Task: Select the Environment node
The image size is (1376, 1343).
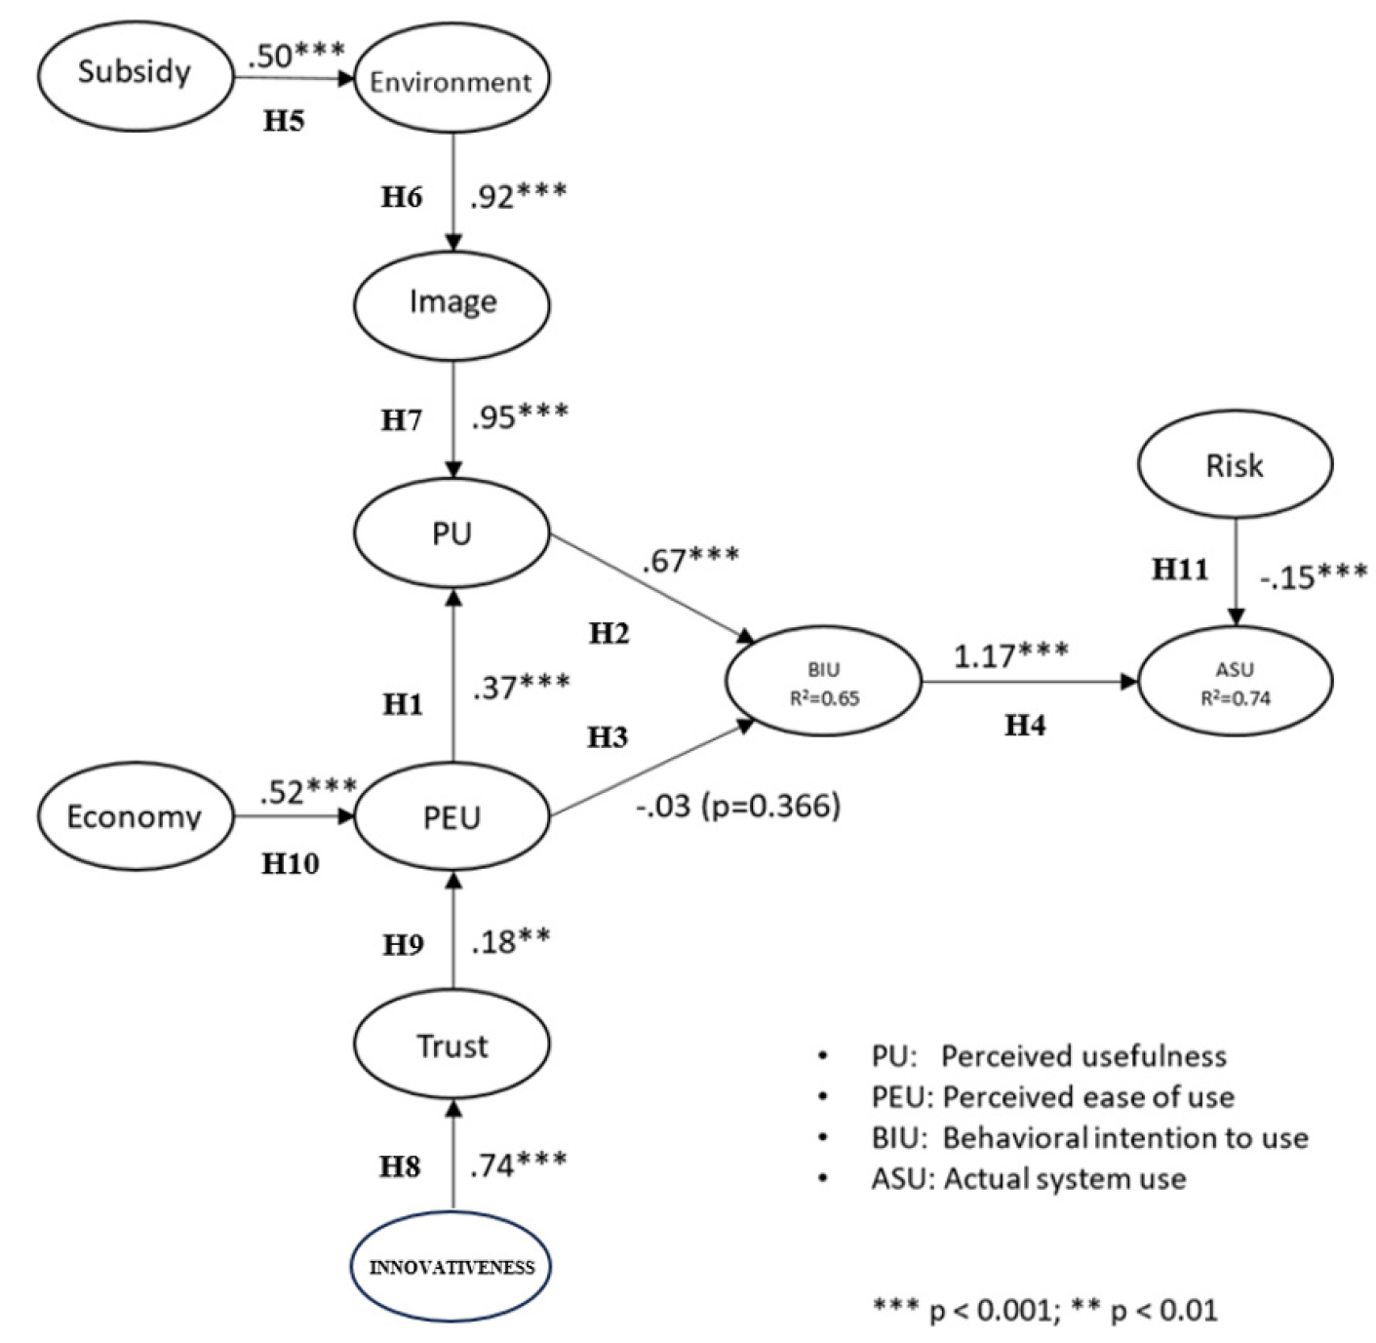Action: (x=452, y=78)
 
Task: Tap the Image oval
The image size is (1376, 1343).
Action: (x=452, y=305)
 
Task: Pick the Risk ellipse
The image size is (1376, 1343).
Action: (x=1235, y=464)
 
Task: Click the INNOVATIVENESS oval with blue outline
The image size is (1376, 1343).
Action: (x=452, y=1267)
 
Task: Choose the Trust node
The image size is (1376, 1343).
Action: (x=452, y=1045)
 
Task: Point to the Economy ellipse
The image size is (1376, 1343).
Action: (x=135, y=816)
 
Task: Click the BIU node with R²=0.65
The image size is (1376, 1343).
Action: (x=824, y=682)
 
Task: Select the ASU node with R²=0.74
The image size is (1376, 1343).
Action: (x=1236, y=682)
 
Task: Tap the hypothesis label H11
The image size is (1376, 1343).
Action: (x=1180, y=570)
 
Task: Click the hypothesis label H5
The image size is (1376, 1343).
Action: (x=284, y=121)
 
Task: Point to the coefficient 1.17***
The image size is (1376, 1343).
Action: (x=1011, y=654)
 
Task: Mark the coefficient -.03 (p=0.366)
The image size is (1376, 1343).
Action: (x=738, y=806)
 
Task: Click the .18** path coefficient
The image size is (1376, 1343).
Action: (x=511, y=941)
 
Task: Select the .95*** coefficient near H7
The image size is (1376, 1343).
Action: (x=520, y=416)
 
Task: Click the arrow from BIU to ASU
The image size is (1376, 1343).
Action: (x=1030, y=683)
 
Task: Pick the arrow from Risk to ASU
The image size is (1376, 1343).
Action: (x=1236, y=573)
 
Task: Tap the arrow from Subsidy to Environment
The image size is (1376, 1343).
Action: (x=294, y=78)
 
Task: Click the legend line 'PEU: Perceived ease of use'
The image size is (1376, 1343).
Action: (x=1053, y=1097)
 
